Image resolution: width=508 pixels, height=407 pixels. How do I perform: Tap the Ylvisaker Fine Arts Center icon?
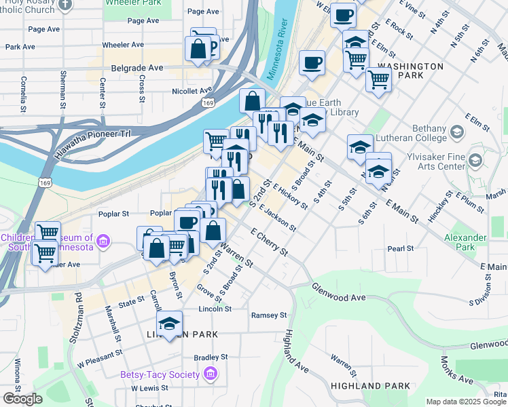(x=475, y=161)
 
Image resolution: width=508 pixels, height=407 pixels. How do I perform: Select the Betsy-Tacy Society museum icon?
(x=210, y=374)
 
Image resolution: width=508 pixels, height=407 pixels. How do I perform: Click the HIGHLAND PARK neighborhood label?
(x=370, y=386)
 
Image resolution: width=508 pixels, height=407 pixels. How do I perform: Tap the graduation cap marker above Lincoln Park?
(x=170, y=323)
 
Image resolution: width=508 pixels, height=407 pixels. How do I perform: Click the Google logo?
(x=22, y=399)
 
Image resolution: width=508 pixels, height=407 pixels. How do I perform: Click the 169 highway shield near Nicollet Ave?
(x=208, y=102)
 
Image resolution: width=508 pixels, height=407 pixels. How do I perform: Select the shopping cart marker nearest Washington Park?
(x=378, y=79)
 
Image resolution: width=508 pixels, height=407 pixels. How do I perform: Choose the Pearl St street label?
(x=401, y=249)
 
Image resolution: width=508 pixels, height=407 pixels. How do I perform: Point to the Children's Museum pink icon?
(x=103, y=240)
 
